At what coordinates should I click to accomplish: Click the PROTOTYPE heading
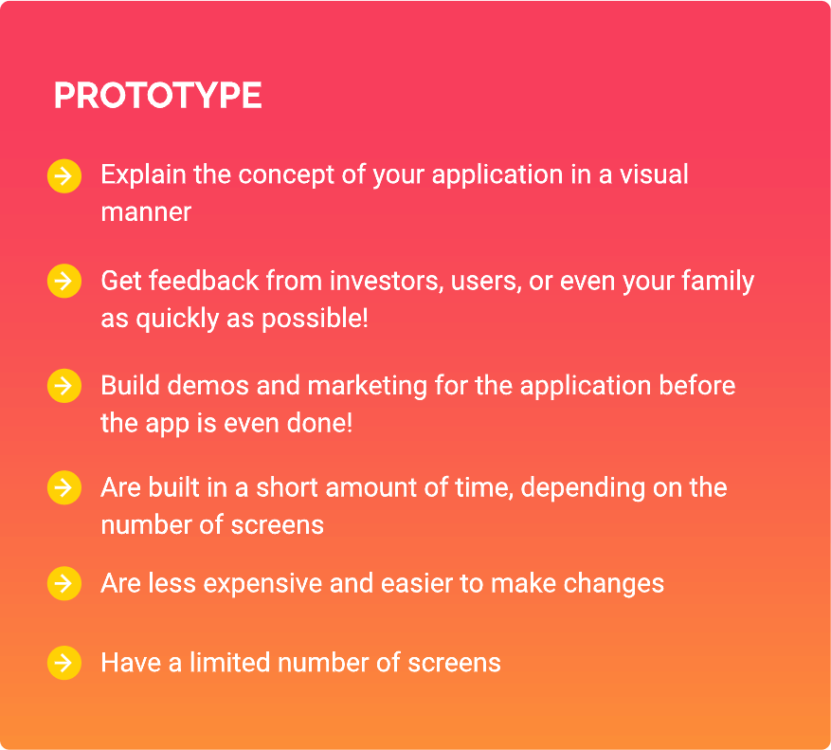point(158,96)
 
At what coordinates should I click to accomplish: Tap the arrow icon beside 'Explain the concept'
point(64,176)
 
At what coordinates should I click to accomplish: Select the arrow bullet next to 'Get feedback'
point(64,281)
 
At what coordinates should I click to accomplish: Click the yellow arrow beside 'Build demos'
point(64,386)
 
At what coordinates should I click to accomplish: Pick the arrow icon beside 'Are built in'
point(64,487)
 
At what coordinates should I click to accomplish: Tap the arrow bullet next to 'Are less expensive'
point(64,583)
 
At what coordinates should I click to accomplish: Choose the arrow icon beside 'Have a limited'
point(64,663)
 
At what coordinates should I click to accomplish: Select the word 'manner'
point(146,213)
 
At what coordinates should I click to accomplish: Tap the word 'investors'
point(387,281)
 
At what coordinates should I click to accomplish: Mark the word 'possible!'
point(315,320)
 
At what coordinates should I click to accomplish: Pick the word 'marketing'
point(368,386)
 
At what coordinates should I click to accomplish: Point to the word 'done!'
point(319,423)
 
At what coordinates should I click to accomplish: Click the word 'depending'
point(583,488)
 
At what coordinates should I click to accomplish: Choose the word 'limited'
point(230,663)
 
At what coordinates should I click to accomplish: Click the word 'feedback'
point(204,281)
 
